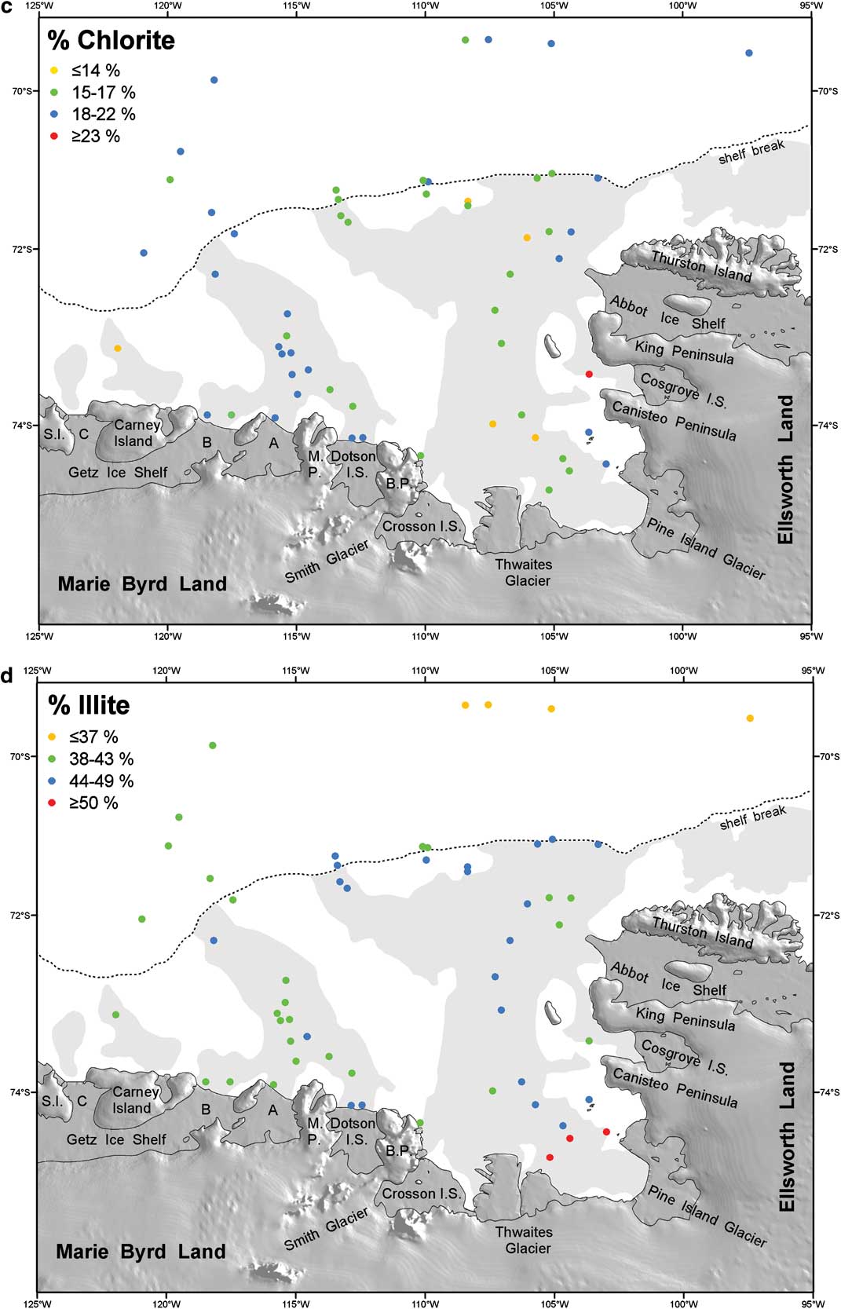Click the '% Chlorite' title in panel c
click(111, 40)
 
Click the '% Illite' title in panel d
click(89, 705)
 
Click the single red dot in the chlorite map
click(589, 374)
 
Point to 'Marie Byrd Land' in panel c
click(142, 584)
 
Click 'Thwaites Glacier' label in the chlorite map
click(524, 572)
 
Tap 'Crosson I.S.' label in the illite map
click(422, 1194)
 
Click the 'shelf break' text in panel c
click(751, 152)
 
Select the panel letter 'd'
click(6, 675)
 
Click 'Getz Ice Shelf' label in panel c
click(118, 473)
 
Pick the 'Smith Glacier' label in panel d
click(326, 1230)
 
